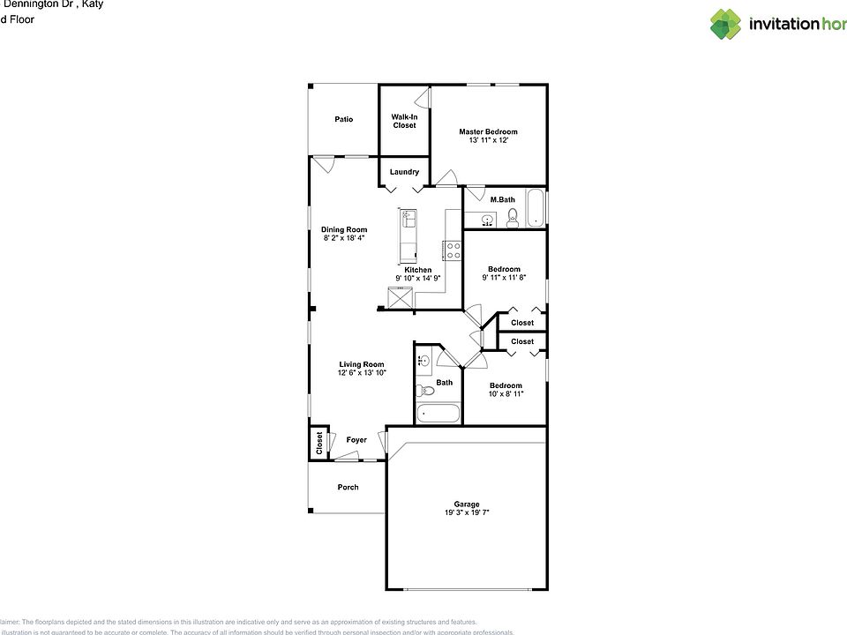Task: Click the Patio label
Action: click(343, 119)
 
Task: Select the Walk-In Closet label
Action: click(404, 121)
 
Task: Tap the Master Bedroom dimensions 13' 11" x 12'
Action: click(488, 140)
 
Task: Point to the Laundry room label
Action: click(404, 172)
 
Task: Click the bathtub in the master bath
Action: click(535, 210)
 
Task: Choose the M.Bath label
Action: click(502, 199)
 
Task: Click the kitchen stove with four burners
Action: click(453, 250)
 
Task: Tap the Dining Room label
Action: click(344, 229)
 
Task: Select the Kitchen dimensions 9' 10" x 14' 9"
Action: click(417, 279)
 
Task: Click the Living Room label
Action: click(362, 364)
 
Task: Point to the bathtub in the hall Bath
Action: click(438, 414)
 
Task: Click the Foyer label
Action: click(356, 439)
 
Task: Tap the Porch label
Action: click(349, 487)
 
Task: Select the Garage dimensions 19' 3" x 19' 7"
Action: click(466, 512)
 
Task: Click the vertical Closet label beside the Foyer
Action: click(319, 443)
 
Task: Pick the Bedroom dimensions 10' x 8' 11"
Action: click(506, 394)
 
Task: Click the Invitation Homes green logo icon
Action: click(725, 24)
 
